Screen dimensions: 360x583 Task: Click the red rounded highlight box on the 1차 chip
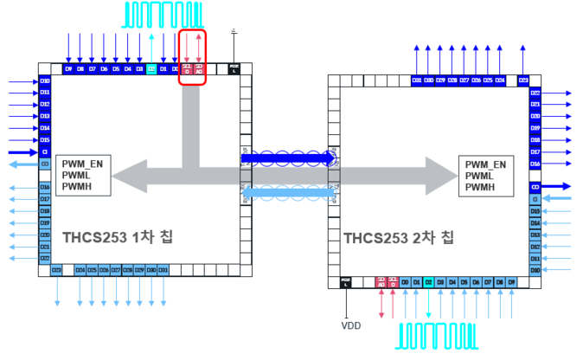coord(192,57)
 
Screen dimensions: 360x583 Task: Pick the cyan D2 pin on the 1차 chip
coord(151,67)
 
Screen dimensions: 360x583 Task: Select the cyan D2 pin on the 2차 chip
coord(428,282)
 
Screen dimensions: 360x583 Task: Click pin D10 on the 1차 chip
coord(45,80)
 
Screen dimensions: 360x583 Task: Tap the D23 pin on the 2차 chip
coord(523,80)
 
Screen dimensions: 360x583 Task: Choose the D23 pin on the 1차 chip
coord(56,270)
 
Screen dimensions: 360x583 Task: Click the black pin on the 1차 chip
coord(234,67)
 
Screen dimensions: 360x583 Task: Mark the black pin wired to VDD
coord(346,282)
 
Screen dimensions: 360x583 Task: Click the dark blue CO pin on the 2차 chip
coord(535,186)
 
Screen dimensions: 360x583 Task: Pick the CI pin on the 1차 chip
coord(45,151)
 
